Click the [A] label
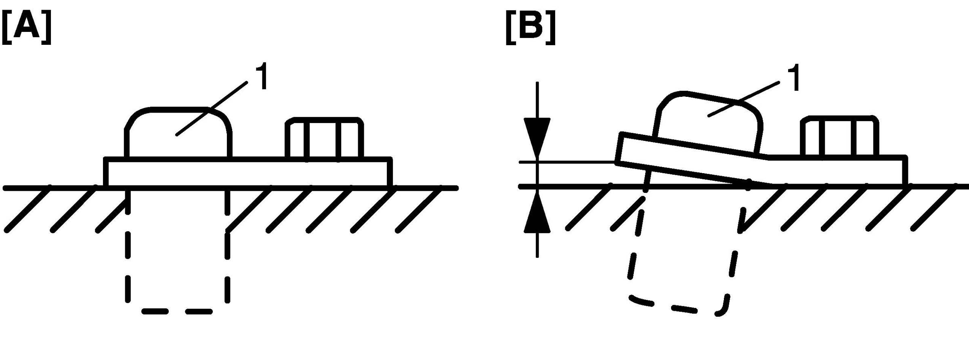pyautogui.click(x=27, y=27)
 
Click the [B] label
pyautogui.click(x=530, y=27)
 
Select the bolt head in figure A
pyautogui.click(x=324, y=138)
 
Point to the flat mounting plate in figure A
pyautogui.click(x=247, y=172)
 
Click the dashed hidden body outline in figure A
pyautogui.click(x=178, y=311)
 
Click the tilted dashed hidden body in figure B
pyautogui.click(x=682, y=307)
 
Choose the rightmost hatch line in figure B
pyautogui.click(x=933, y=208)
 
